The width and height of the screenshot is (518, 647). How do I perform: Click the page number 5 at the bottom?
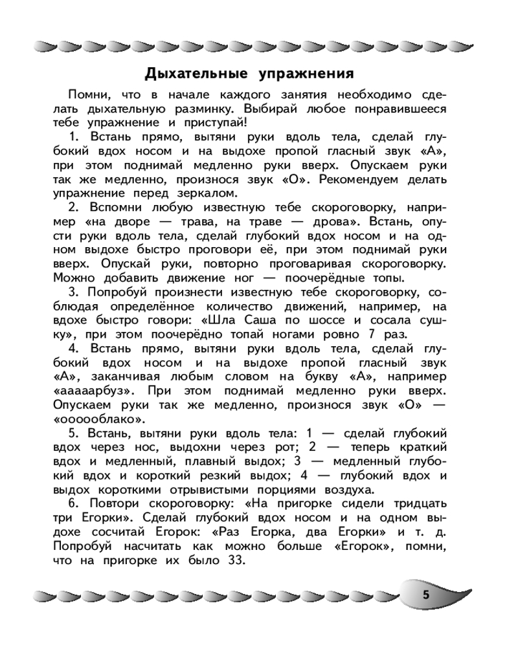click(x=425, y=596)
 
